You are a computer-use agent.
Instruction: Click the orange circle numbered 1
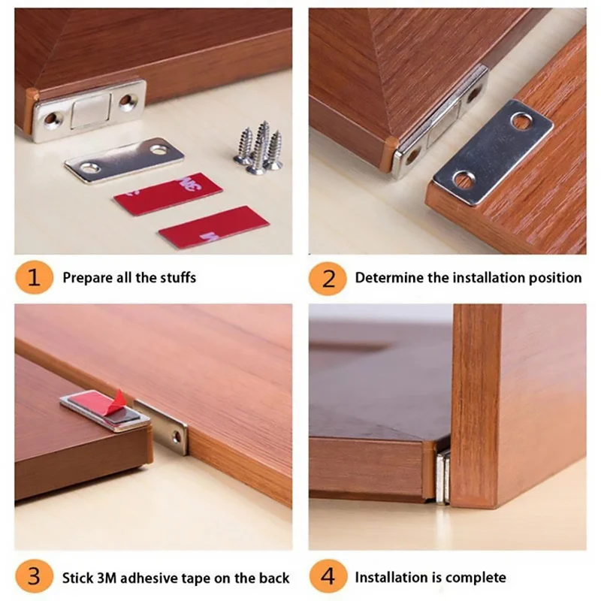tap(34, 278)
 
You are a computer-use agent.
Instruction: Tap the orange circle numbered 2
tap(328, 278)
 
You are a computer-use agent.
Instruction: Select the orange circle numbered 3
tap(34, 578)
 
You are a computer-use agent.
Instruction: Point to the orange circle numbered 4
tap(328, 578)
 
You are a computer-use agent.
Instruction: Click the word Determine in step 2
tap(389, 278)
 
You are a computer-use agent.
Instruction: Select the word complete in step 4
tap(476, 578)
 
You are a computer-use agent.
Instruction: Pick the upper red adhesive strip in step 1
tap(168, 194)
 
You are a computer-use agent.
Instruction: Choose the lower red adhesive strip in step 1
tap(213, 227)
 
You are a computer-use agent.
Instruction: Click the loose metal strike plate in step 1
tap(124, 159)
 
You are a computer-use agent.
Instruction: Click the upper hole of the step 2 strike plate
tap(521, 120)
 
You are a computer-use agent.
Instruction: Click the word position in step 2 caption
tap(557, 278)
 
